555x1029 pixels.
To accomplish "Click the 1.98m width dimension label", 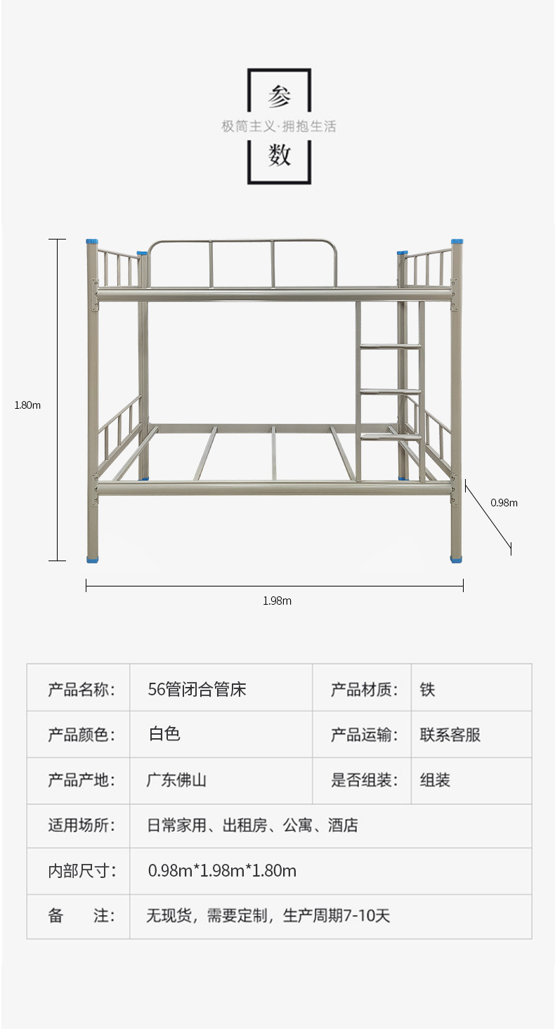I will click(x=277, y=601).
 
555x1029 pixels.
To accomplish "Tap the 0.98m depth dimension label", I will click(x=504, y=502).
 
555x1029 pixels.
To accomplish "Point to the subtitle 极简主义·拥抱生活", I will click(x=279, y=126).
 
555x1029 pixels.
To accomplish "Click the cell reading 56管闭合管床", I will click(x=197, y=689).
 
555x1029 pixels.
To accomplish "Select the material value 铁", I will click(x=427, y=689).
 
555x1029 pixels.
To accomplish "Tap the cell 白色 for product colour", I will click(x=164, y=735).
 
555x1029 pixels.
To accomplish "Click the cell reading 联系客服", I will click(x=450, y=735).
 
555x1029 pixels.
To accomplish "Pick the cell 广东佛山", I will click(x=176, y=780).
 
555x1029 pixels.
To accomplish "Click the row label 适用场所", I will click(x=81, y=825).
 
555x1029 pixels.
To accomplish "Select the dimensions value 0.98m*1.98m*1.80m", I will click(x=222, y=871).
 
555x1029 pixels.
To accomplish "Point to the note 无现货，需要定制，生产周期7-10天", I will click(x=268, y=916).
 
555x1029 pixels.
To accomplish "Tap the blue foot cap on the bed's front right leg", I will click(x=457, y=559).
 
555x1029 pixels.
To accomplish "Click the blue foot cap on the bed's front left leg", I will click(x=92, y=559).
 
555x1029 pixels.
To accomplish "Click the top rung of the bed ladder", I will click(x=390, y=346).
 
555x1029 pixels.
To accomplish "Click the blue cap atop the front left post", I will click(x=92, y=242).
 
